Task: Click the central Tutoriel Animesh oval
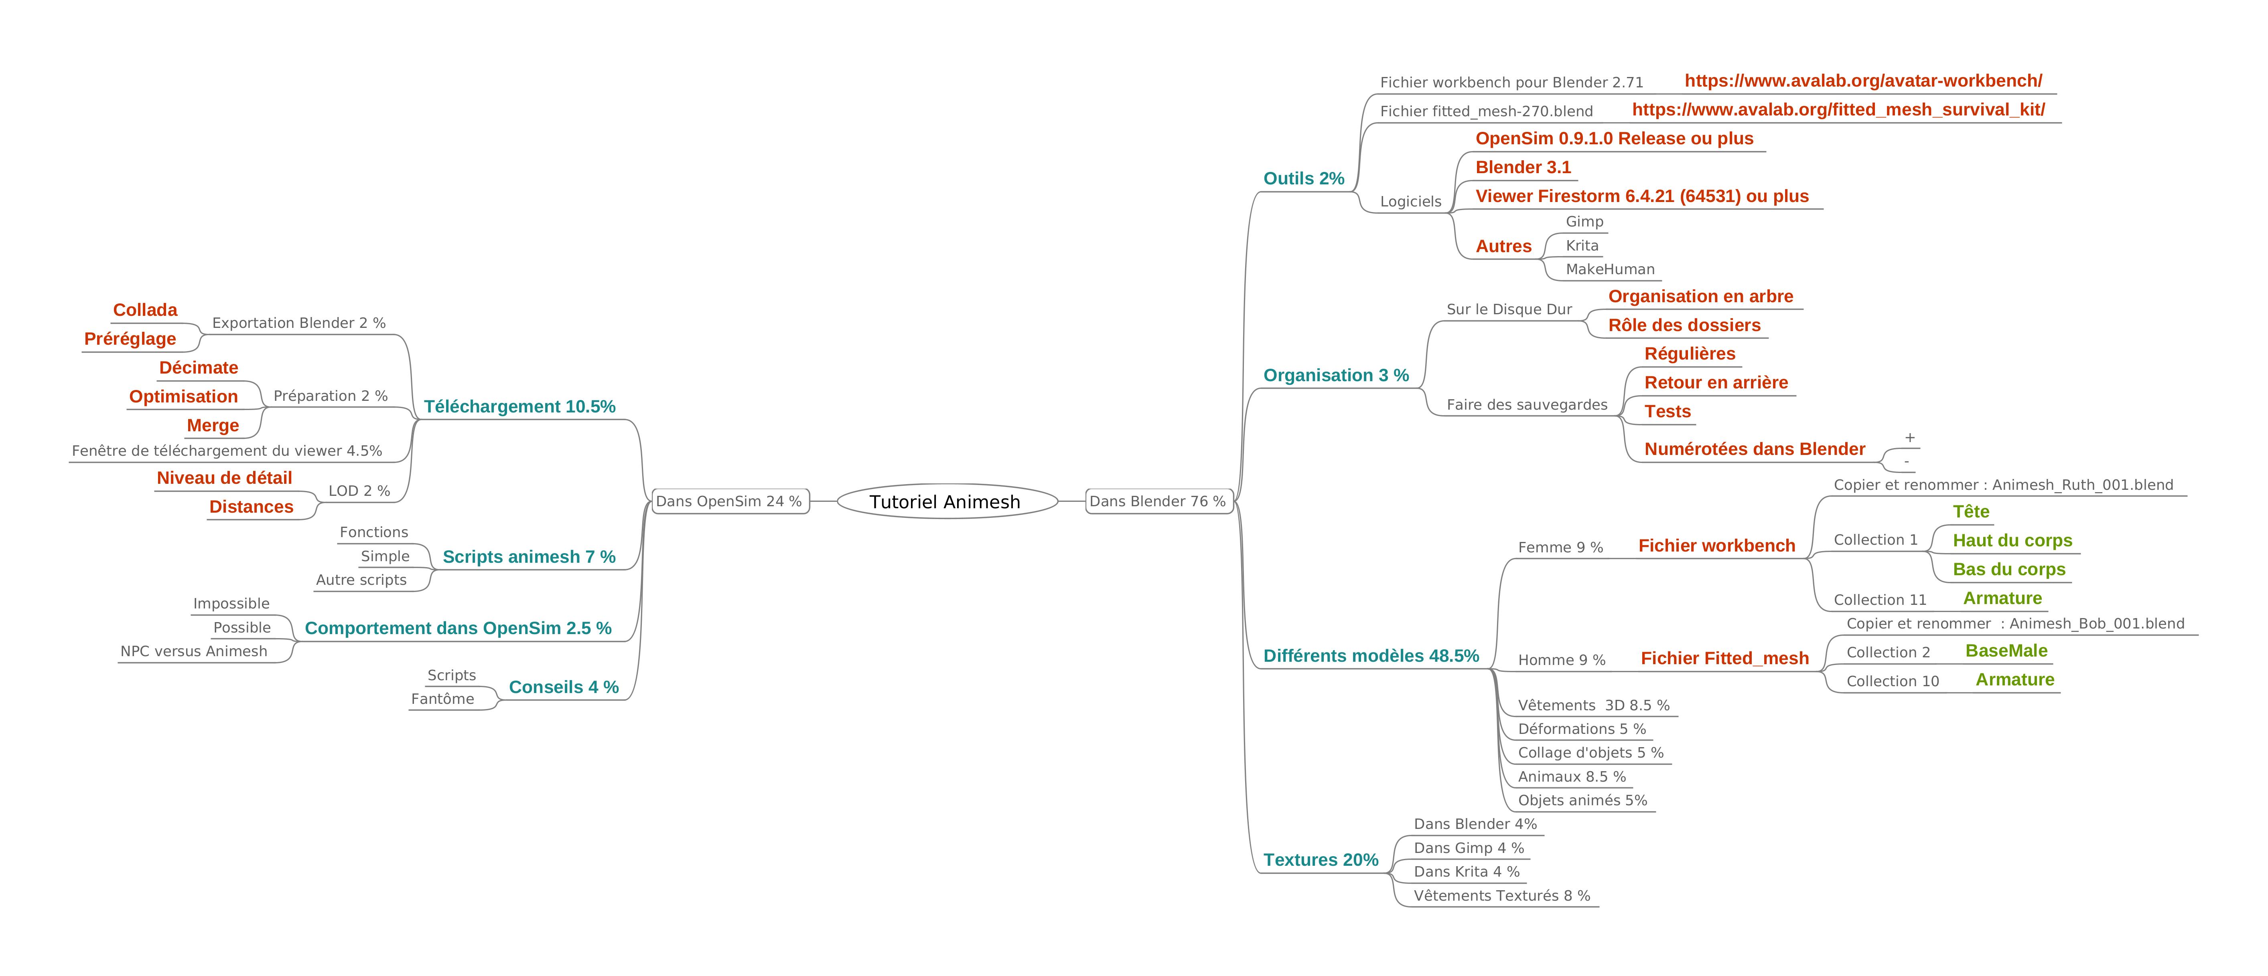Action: coord(946,502)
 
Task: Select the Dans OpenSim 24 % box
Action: coord(730,502)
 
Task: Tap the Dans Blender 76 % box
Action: coord(1158,502)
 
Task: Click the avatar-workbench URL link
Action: coord(1863,81)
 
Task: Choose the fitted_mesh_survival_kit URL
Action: coord(1838,110)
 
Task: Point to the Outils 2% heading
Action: coord(1304,179)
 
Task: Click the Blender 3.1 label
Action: coord(1523,167)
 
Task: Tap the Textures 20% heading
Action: coord(1321,860)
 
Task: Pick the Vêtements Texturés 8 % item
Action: coord(1502,896)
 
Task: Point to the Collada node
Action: coord(145,310)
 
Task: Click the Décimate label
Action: coord(199,368)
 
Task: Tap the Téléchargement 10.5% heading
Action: coord(519,406)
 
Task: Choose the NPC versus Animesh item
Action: coord(194,651)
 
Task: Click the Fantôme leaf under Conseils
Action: coord(443,699)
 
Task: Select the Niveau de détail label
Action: coord(225,478)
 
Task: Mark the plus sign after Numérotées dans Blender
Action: coord(1910,437)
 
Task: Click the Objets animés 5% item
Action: coord(1582,800)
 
